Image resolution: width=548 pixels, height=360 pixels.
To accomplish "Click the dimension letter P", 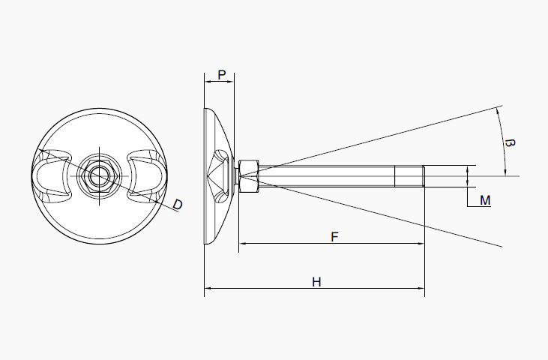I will click(x=221, y=74).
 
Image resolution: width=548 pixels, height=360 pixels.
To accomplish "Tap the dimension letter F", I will click(x=334, y=237).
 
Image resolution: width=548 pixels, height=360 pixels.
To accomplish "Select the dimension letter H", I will click(x=316, y=282).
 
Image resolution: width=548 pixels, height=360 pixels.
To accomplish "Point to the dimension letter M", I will click(x=485, y=200).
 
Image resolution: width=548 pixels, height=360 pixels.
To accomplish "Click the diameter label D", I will click(x=178, y=204).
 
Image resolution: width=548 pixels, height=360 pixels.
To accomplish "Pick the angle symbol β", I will click(x=511, y=142).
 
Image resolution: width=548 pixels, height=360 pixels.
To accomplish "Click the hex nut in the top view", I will click(x=98, y=176).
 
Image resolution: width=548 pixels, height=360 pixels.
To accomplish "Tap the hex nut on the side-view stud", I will click(x=248, y=176).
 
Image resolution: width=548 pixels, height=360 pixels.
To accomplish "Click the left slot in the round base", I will click(x=52, y=177).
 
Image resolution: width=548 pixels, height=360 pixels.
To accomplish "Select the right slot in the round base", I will click(x=144, y=177).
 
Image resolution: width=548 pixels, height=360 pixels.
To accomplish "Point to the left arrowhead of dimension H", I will click(x=208, y=288).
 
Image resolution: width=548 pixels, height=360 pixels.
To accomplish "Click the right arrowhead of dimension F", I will click(x=421, y=244).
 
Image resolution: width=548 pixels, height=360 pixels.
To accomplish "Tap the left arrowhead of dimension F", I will click(x=243, y=244).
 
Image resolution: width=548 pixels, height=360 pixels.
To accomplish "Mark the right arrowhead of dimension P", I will click(x=231, y=81).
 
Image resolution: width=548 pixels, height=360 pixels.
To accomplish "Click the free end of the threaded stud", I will click(x=424, y=176).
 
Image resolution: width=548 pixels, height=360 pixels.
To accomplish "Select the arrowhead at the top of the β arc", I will click(x=499, y=110).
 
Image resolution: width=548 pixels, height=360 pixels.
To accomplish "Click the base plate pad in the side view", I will click(x=217, y=176).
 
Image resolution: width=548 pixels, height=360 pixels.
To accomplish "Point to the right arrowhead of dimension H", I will click(x=421, y=288).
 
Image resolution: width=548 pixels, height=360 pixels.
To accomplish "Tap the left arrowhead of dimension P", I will click(x=207, y=81).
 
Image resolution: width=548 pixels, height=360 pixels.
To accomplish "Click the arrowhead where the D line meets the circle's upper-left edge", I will click(x=42, y=151).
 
